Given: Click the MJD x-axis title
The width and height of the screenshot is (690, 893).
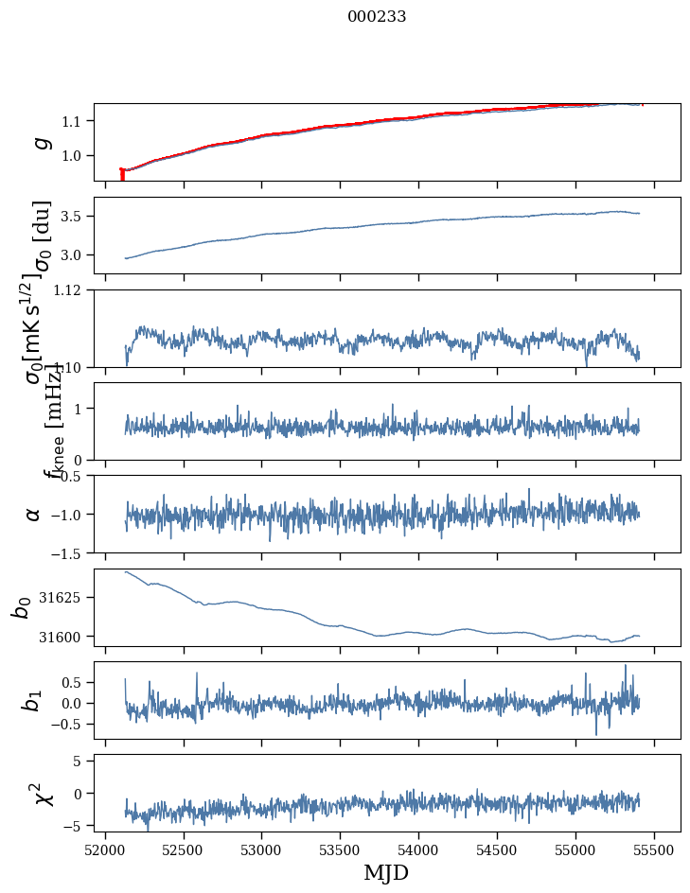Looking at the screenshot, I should point(386,872).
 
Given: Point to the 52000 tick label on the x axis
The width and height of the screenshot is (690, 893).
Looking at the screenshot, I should point(105,849).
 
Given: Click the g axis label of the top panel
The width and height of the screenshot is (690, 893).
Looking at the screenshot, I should point(40,142).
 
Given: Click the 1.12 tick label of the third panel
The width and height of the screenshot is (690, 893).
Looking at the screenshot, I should point(72,289).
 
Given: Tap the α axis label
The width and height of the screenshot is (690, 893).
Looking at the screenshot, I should point(33,514).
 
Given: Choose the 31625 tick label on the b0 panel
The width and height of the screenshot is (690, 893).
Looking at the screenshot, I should point(66,598).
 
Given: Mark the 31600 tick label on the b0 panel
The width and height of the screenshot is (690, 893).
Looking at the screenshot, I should point(66,637).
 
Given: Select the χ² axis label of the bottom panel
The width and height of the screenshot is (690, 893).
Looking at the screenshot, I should point(43,794).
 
